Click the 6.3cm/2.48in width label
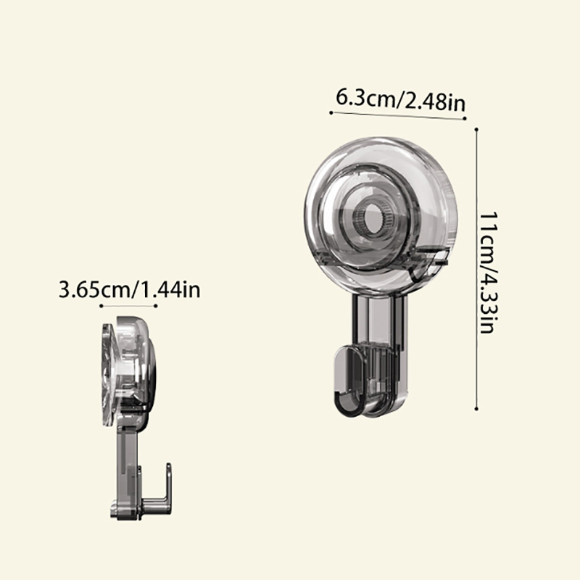pos(401,100)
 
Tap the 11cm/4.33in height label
pos(489,273)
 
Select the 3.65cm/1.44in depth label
pos(130,289)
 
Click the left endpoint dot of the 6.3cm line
pos(331,112)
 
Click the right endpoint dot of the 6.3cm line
pos(465,118)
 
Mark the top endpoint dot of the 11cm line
pos(476,130)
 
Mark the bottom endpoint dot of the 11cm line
pos(476,409)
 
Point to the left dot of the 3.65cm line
pos(101,306)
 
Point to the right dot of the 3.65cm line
pos(156,306)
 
